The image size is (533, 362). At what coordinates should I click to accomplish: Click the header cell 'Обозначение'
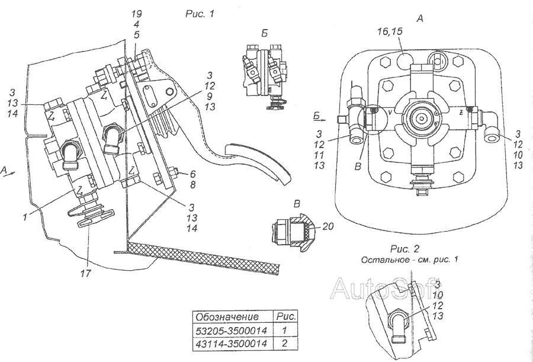click(x=228, y=316)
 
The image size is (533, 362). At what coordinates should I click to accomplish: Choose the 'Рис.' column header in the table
click(x=286, y=316)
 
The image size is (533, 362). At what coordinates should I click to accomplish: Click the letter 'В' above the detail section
click(x=297, y=203)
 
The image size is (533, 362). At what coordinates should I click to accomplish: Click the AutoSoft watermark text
click(x=385, y=289)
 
